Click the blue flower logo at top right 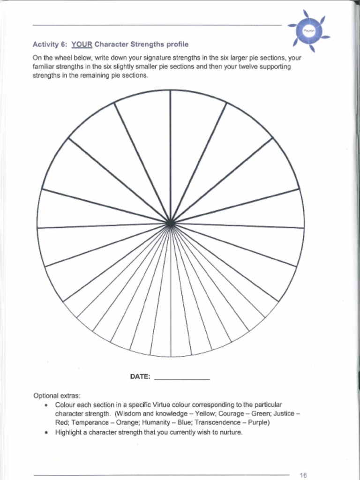coord(309,30)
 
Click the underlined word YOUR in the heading coord(82,45)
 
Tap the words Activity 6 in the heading coord(50,45)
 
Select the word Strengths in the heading coord(147,45)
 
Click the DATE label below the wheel coord(140,376)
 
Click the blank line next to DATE coord(181,378)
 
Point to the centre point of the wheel coord(170,224)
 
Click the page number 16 coord(303,475)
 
